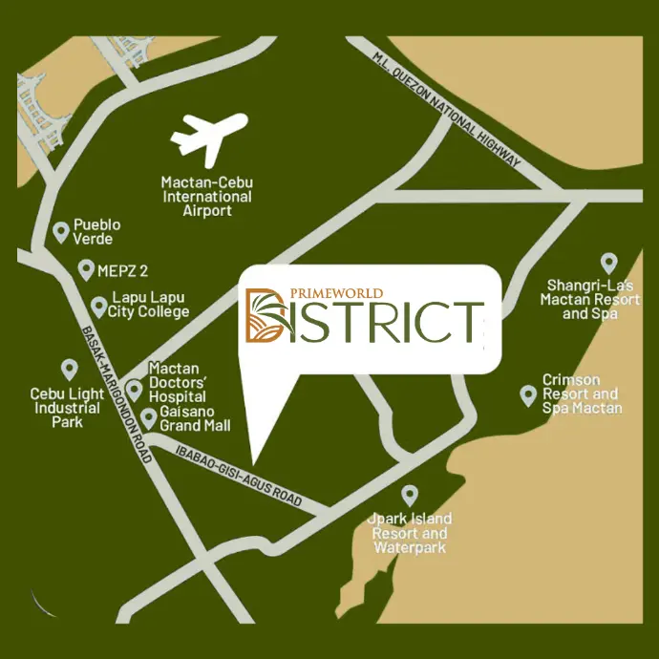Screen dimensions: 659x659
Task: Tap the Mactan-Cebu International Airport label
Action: point(206,196)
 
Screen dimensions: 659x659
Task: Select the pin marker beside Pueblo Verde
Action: point(62,230)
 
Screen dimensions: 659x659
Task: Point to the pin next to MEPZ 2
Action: point(85,269)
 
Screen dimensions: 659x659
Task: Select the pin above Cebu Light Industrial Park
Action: point(68,369)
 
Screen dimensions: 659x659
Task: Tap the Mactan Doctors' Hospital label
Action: point(177,382)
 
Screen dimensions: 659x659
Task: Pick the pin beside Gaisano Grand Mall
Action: point(149,417)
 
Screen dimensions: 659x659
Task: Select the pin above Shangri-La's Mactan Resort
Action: point(606,263)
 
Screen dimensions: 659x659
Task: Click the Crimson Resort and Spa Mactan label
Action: point(581,393)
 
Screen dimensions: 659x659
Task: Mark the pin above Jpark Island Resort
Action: point(410,495)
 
